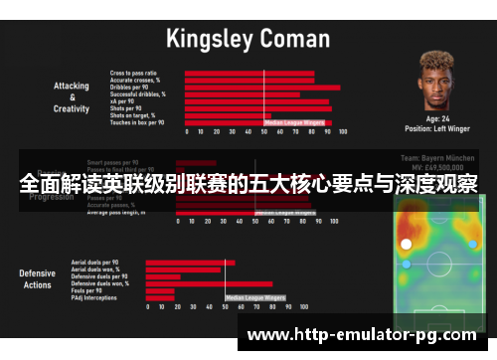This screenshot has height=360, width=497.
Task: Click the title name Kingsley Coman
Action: (x=248, y=40)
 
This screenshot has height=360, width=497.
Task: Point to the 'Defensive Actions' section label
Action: (x=38, y=278)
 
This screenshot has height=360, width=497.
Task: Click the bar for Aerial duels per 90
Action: (x=190, y=263)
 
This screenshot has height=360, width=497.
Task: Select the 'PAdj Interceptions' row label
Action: (x=94, y=297)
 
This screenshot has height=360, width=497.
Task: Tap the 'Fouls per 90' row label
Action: (x=87, y=290)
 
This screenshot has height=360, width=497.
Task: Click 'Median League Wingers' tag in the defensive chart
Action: (x=255, y=296)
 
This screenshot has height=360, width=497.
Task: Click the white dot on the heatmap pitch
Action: (x=406, y=244)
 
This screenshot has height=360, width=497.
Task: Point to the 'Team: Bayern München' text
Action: (x=438, y=158)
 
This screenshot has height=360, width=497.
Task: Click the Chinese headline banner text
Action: (x=248, y=185)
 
